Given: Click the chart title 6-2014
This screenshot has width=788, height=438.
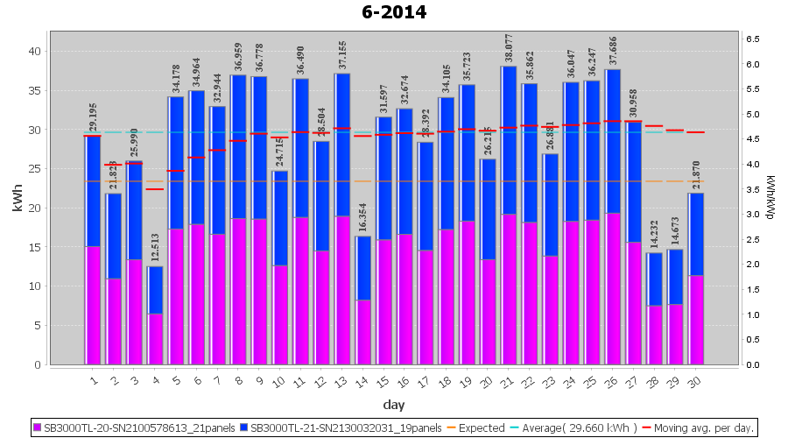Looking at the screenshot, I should pyautogui.click(x=394, y=12).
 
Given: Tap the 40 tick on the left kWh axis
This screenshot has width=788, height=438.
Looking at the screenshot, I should pyautogui.click(x=35, y=51).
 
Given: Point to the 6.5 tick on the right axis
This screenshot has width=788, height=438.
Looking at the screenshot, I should pyautogui.click(x=753, y=39).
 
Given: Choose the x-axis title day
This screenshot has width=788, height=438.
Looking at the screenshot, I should pyautogui.click(x=394, y=404).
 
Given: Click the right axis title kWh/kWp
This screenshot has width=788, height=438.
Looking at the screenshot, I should pyautogui.click(x=770, y=199).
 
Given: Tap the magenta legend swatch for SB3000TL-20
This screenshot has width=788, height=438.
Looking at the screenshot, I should pyautogui.click(x=38, y=428).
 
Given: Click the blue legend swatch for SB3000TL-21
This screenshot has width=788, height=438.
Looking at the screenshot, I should pyautogui.click(x=244, y=428).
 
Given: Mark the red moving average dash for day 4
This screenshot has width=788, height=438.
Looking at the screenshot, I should pyautogui.click(x=155, y=189).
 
